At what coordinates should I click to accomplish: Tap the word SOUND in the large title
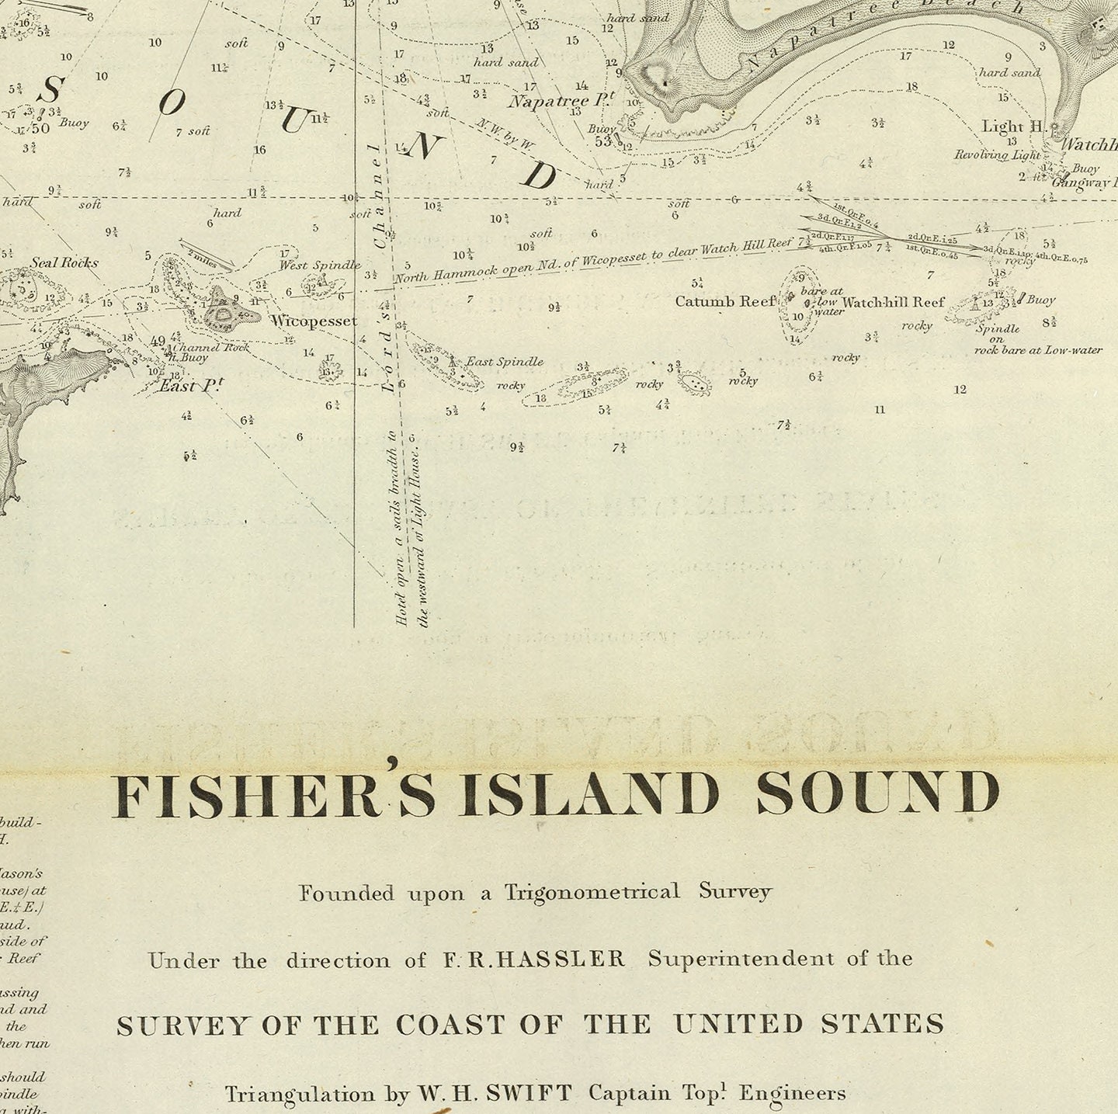[x=878, y=793]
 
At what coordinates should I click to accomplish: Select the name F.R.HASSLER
[x=534, y=959]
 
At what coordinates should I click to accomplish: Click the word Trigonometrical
[x=592, y=892]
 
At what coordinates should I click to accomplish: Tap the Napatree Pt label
[x=561, y=101]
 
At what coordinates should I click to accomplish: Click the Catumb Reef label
[x=725, y=301]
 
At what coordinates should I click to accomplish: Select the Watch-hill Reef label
[x=893, y=302]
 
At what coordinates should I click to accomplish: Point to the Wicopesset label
[x=314, y=321]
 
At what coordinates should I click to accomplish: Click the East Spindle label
[x=504, y=362]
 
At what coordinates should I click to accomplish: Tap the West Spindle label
[x=320, y=265]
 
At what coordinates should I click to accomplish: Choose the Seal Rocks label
[x=64, y=262]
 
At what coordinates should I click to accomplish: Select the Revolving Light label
[x=996, y=155]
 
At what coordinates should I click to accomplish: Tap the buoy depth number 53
[x=602, y=141]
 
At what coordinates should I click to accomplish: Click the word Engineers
[x=792, y=1094]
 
